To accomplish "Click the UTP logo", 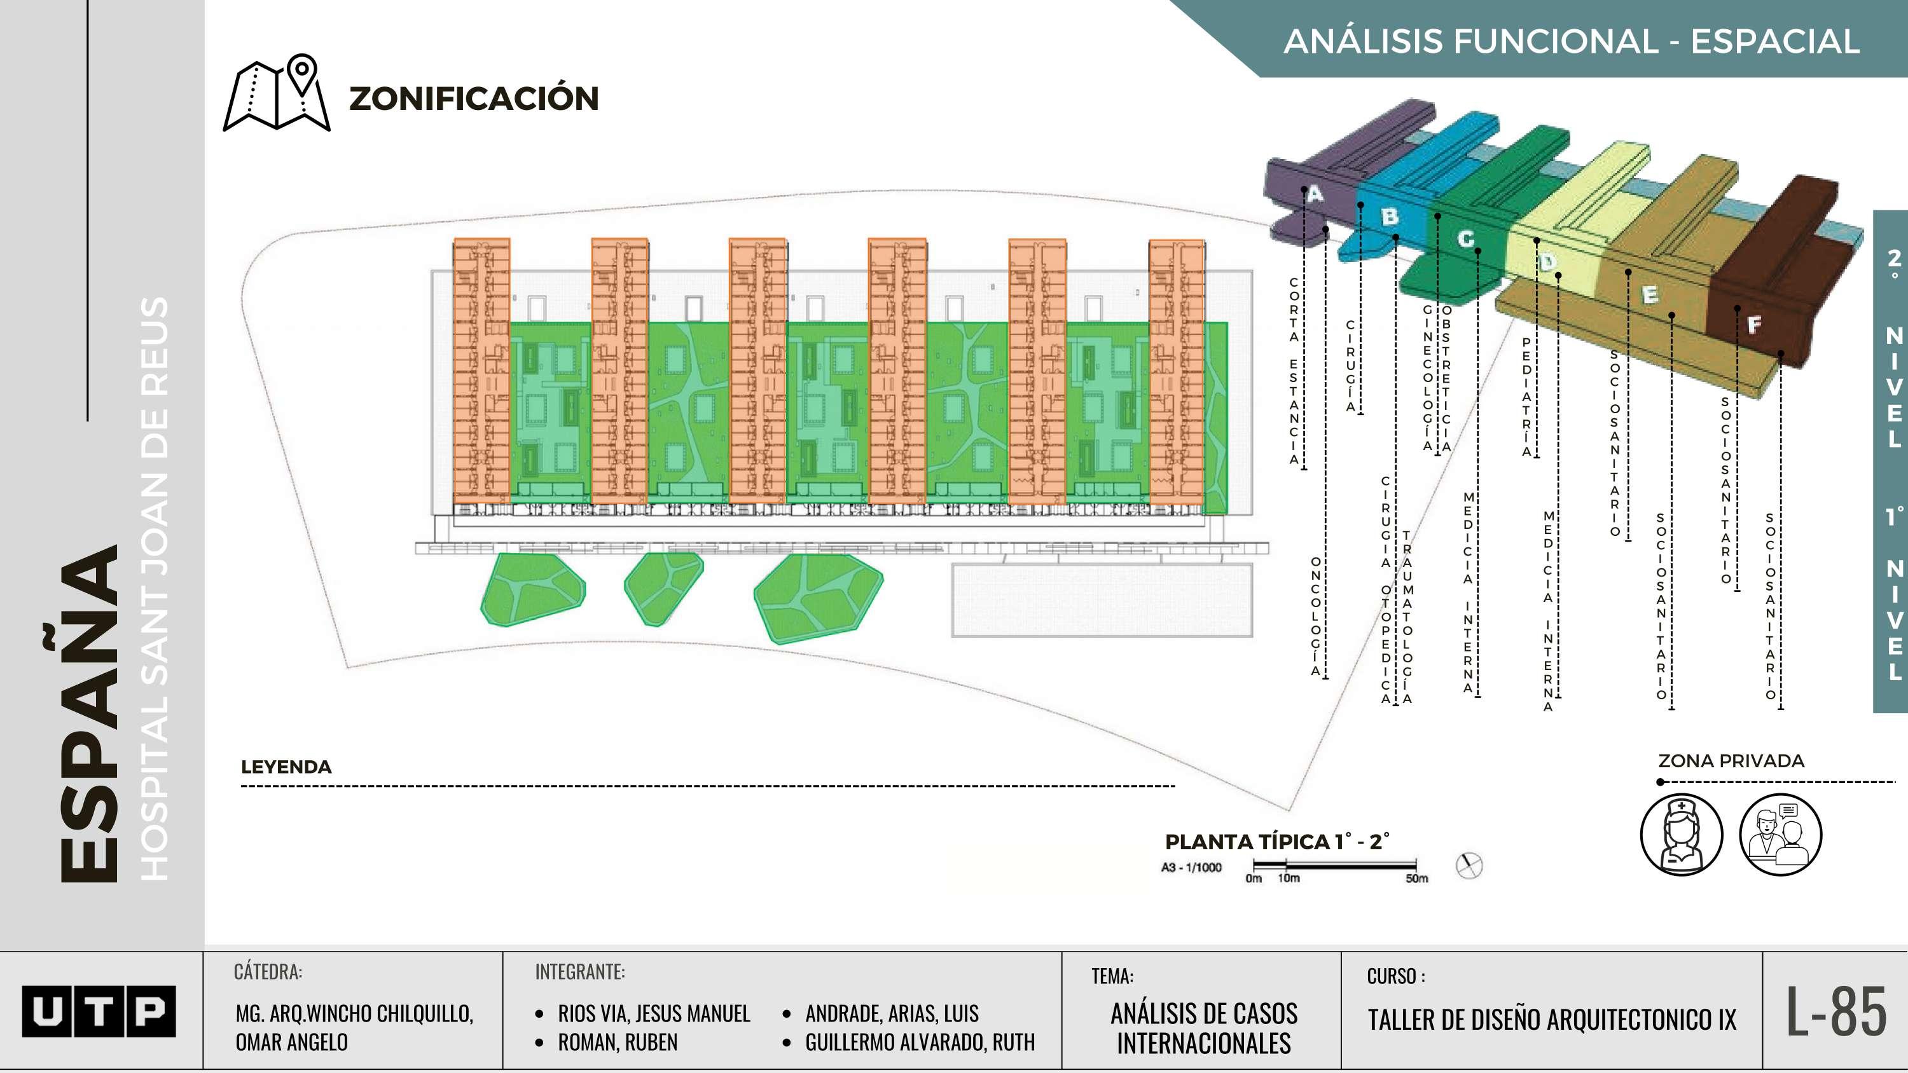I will pos(99,1011).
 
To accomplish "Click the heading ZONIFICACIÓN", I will pos(474,99).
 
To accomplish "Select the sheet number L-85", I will pos(1835,1011).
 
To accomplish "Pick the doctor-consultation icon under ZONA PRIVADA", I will pos(1780,835).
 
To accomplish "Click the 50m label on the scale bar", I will pos(1416,878).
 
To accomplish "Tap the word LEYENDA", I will pos(286,767).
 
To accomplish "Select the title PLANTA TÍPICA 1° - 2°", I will pos(1277,842).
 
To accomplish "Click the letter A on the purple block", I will pos(1315,194).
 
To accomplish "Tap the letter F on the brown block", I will pos(1754,324).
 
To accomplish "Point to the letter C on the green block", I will pos(1466,238).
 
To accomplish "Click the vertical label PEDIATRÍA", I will pos(1526,397).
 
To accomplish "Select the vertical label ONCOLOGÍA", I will pos(1315,617).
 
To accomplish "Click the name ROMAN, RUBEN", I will pos(617,1042).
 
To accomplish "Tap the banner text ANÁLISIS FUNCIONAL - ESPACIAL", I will pos(1571,41).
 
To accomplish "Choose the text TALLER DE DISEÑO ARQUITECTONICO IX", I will pos(1552,1020).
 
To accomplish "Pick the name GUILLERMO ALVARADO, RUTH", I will pos(919,1042).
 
